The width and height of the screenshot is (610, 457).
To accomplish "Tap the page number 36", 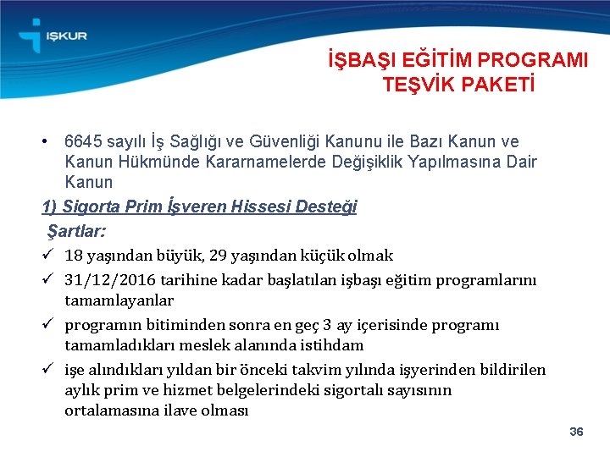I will coord(576,432).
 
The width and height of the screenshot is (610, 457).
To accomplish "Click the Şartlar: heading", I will coord(81,230).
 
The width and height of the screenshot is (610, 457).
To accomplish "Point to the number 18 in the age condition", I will coord(74,256).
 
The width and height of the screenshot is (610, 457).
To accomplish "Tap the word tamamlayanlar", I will coord(119,300).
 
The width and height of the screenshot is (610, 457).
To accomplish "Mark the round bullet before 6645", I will coord(49,141).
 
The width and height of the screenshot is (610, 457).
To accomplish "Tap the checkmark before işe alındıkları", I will coord(49,370).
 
